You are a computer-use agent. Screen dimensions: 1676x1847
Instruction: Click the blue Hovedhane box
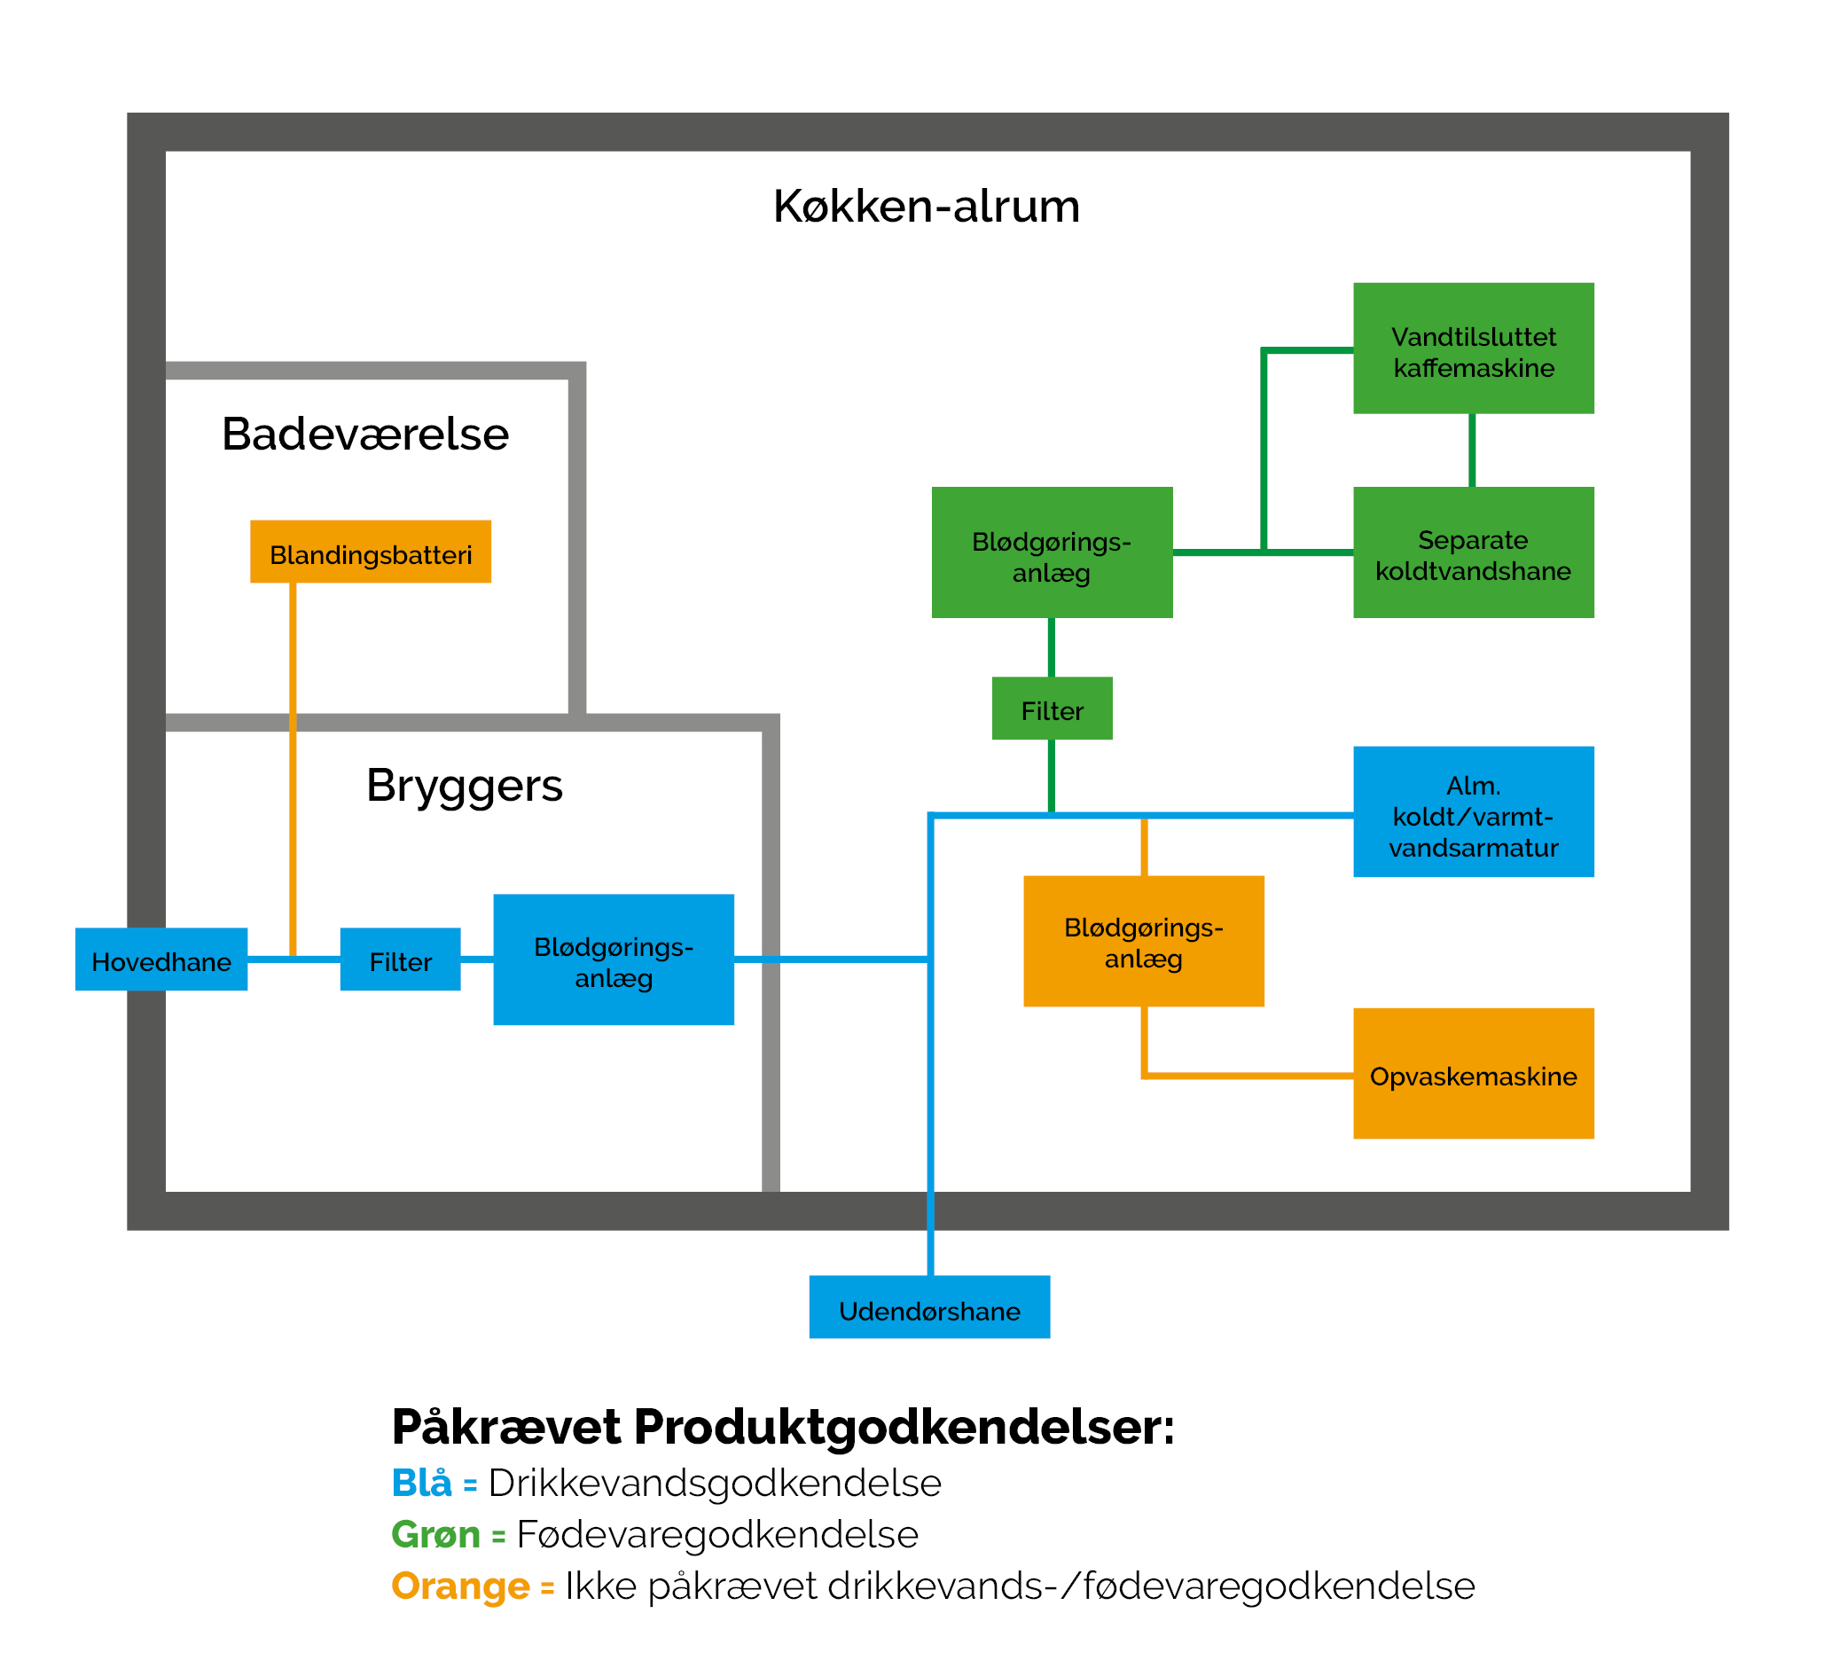point(161,959)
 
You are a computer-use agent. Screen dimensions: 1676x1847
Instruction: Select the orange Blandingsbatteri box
point(370,552)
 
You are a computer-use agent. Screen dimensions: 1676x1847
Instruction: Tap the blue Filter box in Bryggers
point(401,959)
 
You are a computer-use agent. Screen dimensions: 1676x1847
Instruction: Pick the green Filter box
point(1052,709)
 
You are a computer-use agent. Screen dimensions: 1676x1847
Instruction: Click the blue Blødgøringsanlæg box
point(613,959)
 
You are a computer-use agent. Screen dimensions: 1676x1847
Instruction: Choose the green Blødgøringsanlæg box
point(1052,552)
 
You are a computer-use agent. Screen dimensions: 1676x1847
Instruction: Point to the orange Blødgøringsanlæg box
point(1143,941)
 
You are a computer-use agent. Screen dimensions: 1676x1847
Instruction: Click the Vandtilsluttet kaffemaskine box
point(1473,349)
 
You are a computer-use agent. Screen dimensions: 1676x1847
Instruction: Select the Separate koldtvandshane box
point(1473,552)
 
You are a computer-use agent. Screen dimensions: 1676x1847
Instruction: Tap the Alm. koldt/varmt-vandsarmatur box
point(1473,812)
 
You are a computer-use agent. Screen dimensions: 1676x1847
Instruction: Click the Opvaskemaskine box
point(1473,1073)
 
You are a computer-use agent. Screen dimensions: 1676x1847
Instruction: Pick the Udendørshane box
point(929,1307)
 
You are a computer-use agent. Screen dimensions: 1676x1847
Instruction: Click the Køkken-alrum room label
point(927,207)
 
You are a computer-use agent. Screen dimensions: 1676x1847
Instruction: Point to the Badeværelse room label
point(364,435)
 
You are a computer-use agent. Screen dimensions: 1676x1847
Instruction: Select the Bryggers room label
point(465,786)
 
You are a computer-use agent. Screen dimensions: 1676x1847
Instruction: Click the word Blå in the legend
point(421,1483)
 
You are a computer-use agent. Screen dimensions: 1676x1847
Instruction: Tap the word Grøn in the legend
point(435,1534)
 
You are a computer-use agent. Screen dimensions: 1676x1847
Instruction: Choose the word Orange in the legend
point(460,1586)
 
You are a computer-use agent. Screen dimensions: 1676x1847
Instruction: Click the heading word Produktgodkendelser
point(904,1427)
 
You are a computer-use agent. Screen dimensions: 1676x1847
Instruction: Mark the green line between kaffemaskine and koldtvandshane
point(1472,450)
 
